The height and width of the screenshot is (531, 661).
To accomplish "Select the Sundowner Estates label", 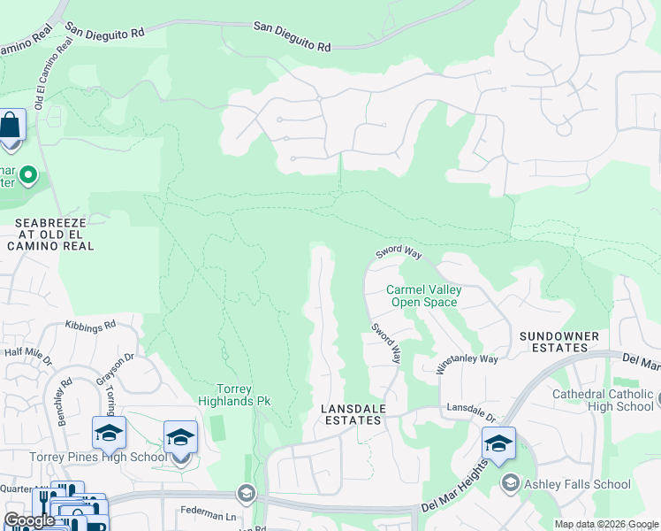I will coord(558,342).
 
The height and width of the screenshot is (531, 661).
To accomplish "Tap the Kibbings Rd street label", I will coord(90,326).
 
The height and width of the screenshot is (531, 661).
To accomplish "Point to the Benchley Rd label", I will coord(65,405).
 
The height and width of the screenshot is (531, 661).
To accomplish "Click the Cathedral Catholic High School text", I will coord(603,400).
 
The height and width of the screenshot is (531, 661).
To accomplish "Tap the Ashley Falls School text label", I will coord(578,484).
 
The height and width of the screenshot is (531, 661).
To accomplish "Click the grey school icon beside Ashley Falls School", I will coord(511,483).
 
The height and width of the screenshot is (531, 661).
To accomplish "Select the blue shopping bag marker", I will coord(11,127).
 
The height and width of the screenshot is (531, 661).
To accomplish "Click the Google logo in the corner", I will coord(29,520).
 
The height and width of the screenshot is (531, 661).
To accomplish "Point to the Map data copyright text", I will coord(606,524).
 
